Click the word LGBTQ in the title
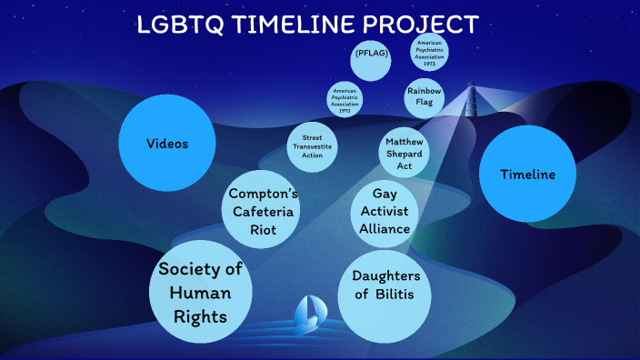tap(176, 25)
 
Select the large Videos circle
tap(167, 144)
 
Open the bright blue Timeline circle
tap(526, 174)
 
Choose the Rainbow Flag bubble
tap(425, 97)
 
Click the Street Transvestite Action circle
tap(313, 146)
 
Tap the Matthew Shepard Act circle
tap(405, 154)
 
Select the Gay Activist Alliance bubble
tap(385, 212)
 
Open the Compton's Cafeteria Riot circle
tap(264, 212)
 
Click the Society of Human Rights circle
tap(201, 292)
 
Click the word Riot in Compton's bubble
tap(264, 230)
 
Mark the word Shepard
tap(405, 154)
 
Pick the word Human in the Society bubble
tap(201, 293)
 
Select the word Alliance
tap(385, 228)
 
